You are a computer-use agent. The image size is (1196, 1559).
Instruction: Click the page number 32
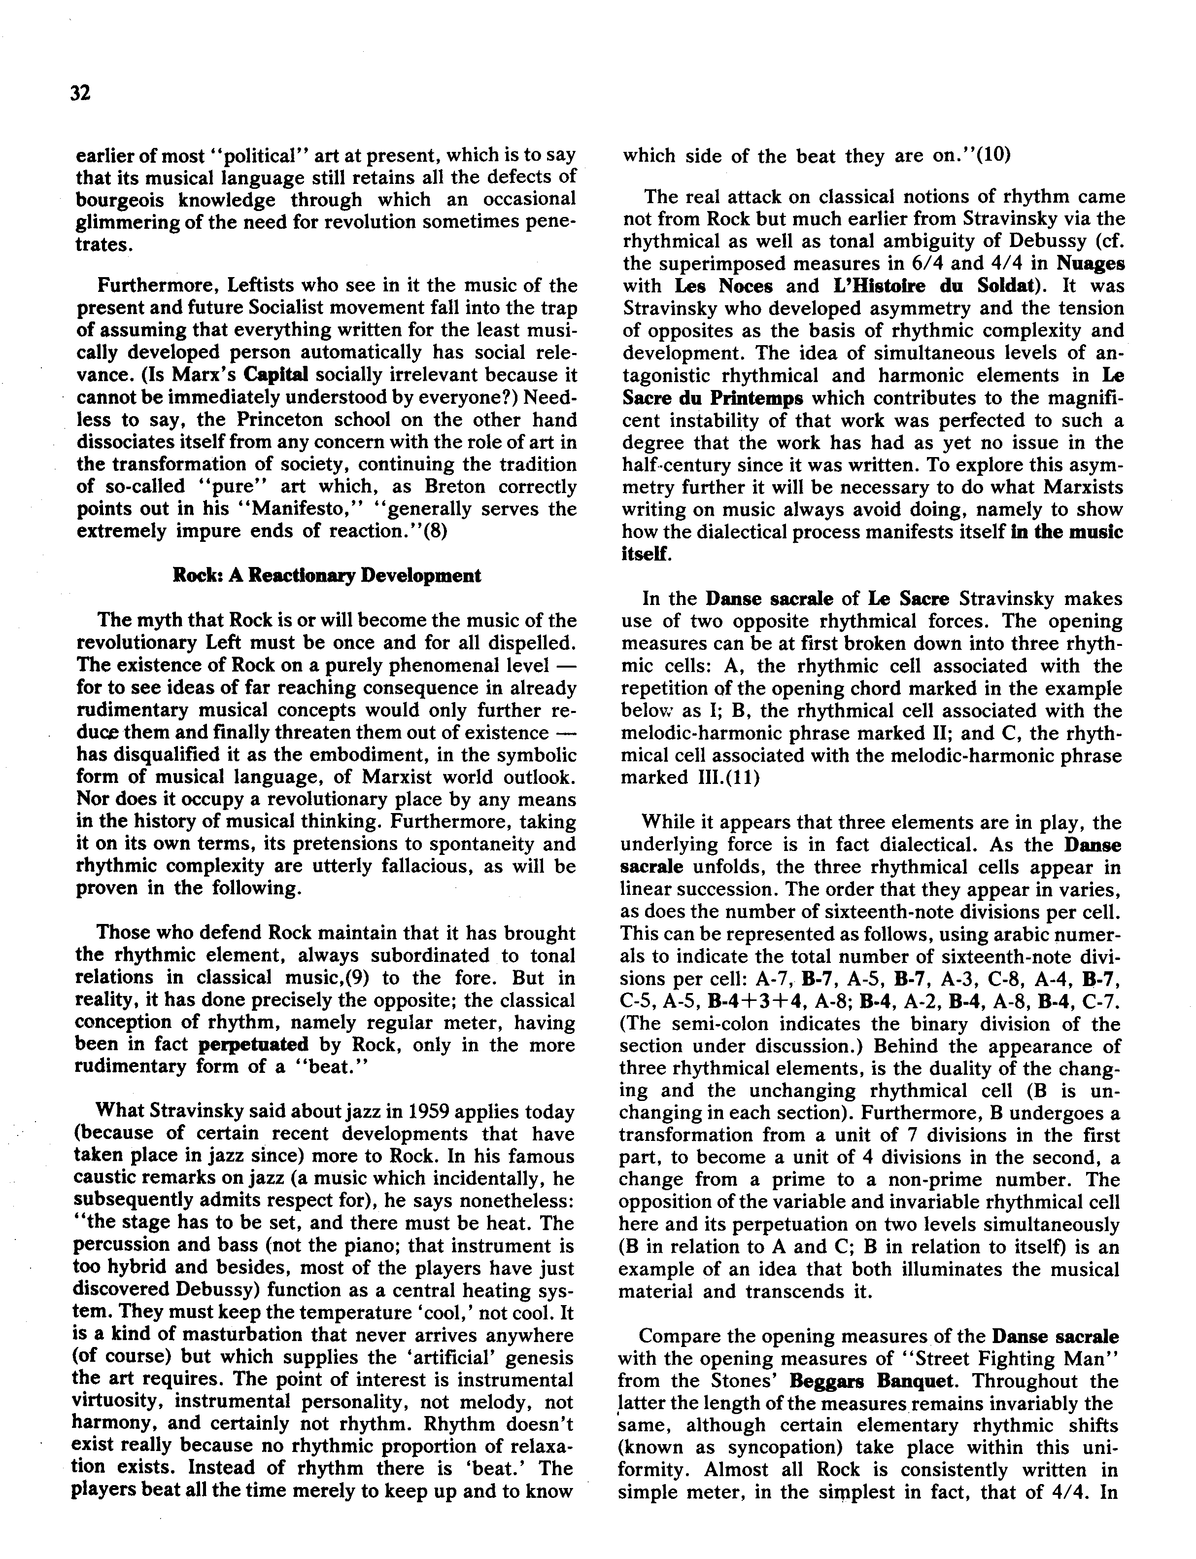80,93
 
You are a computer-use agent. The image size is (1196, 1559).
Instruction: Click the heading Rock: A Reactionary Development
327,575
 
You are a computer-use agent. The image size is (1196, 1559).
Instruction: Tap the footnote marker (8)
435,531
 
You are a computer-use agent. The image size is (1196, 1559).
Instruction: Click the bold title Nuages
1090,263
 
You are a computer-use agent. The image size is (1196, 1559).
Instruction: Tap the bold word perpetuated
253,1045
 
